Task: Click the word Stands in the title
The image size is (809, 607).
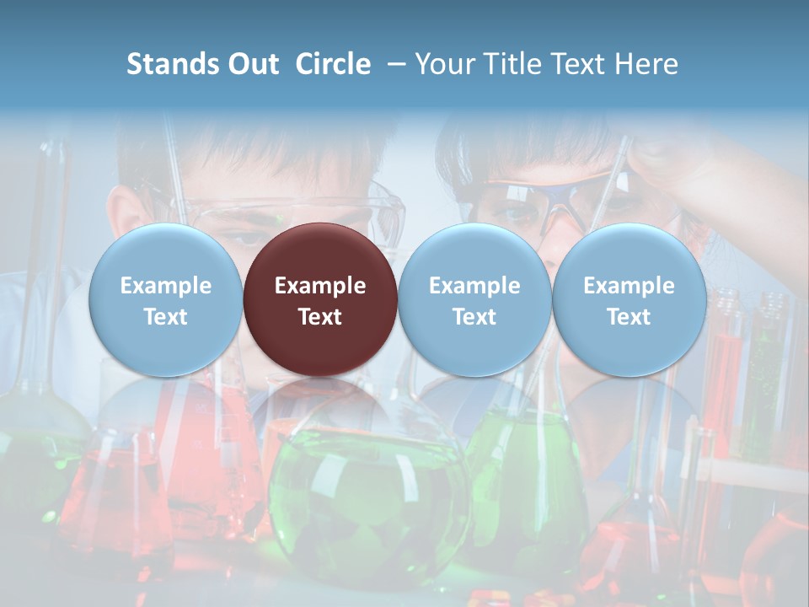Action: pos(173,64)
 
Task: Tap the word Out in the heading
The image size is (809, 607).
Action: pos(253,64)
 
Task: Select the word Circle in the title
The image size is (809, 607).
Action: pos(333,64)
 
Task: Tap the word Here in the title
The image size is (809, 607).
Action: pos(648,64)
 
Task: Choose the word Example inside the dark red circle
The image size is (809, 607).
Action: pos(320,286)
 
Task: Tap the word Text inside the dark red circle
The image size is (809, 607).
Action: pos(320,317)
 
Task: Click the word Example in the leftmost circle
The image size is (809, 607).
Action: pos(165,286)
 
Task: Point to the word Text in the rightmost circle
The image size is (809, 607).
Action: pos(629,317)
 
